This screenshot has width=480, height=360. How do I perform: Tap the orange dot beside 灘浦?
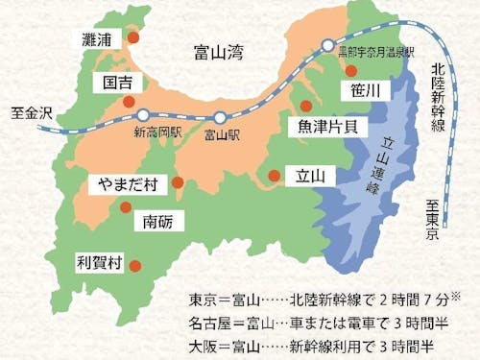tap(134, 36)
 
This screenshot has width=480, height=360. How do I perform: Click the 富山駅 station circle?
tap(221, 117)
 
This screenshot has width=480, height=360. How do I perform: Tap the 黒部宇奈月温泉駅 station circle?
tap(328, 45)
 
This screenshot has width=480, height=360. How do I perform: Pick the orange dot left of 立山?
tap(275, 175)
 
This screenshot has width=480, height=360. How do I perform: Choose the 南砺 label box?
tap(157, 222)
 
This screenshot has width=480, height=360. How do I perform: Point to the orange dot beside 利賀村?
tap(135, 266)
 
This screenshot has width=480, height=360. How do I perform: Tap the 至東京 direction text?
tap(433, 219)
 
